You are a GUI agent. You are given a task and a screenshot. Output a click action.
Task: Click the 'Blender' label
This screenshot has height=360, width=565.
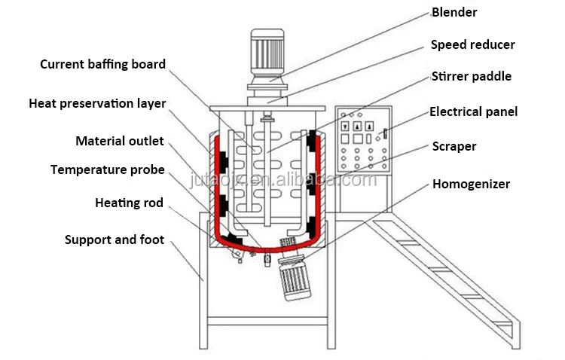454,12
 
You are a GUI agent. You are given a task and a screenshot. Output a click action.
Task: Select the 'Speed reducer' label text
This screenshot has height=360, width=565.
472,44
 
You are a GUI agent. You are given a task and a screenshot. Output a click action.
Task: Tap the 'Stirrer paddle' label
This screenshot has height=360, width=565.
471,76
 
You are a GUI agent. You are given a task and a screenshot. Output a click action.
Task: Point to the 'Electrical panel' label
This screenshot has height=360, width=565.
473,112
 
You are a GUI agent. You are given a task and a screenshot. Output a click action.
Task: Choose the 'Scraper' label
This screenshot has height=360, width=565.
454,145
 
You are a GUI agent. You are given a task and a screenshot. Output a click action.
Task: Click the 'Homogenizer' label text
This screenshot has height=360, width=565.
471,183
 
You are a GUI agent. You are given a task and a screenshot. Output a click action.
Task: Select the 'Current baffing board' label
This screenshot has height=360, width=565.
102,64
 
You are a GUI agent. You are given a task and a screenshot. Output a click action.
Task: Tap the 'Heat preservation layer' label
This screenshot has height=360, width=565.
97,103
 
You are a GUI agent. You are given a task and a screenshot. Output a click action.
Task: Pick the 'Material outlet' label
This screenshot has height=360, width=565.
119,141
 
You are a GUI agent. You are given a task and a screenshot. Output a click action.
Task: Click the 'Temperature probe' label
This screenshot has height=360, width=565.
107,169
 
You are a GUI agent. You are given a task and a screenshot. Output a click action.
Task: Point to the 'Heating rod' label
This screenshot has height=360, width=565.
129,203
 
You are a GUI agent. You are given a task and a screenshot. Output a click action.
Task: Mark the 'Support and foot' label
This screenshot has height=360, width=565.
115,240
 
